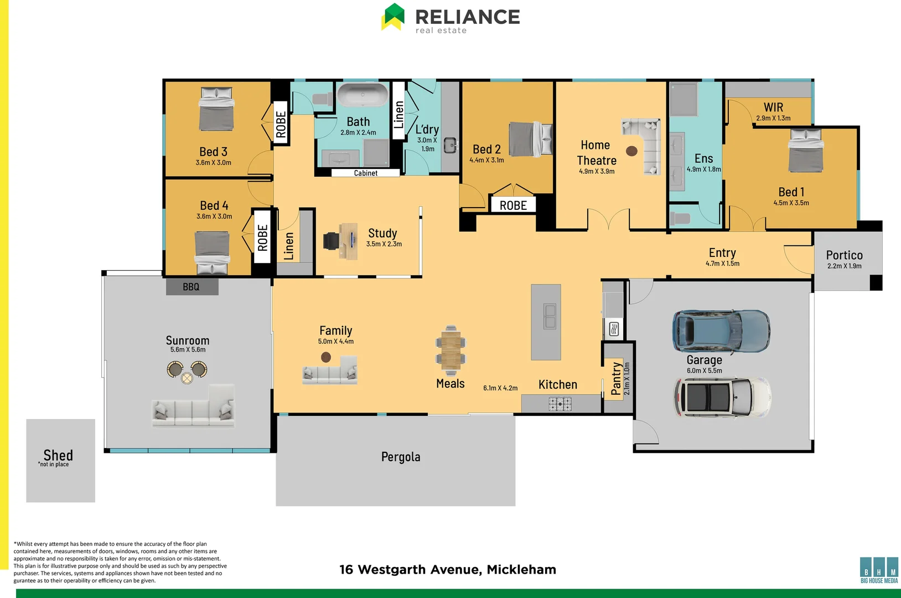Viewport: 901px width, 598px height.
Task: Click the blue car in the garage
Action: [721, 331]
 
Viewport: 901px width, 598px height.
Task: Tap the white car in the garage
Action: [722, 398]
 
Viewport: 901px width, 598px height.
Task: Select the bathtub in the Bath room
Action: [363, 95]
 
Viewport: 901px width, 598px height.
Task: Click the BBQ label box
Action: [191, 287]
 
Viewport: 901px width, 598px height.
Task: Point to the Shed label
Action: [58, 455]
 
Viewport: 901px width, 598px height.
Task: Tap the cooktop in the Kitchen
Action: [560, 404]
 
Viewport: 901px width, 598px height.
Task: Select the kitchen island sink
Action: [550, 316]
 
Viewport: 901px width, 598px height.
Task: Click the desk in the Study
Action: [349, 241]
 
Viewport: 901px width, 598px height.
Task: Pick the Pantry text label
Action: [616, 378]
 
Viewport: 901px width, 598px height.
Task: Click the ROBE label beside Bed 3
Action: [281, 124]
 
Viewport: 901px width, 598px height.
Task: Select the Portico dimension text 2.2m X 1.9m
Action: [844, 266]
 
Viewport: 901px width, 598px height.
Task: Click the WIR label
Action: [773, 107]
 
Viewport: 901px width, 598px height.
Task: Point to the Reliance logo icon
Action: [393, 17]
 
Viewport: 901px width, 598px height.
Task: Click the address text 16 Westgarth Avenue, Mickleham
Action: [447, 570]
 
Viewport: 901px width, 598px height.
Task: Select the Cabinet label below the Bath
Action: [365, 173]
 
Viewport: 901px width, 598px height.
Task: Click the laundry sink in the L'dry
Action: [451, 145]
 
